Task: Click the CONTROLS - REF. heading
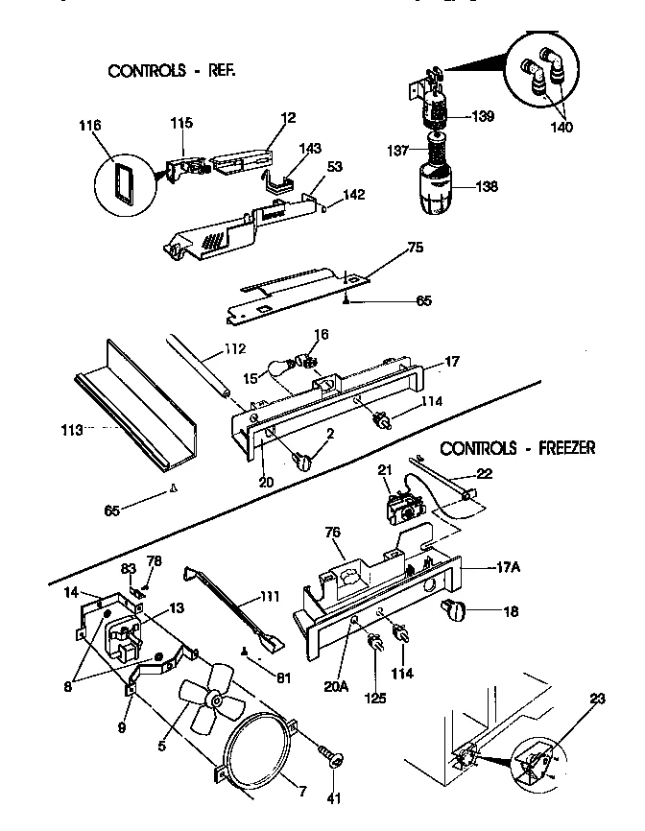[x=172, y=71]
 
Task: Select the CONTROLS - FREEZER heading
[x=517, y=447]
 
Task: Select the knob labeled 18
[x=453, y=608]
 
